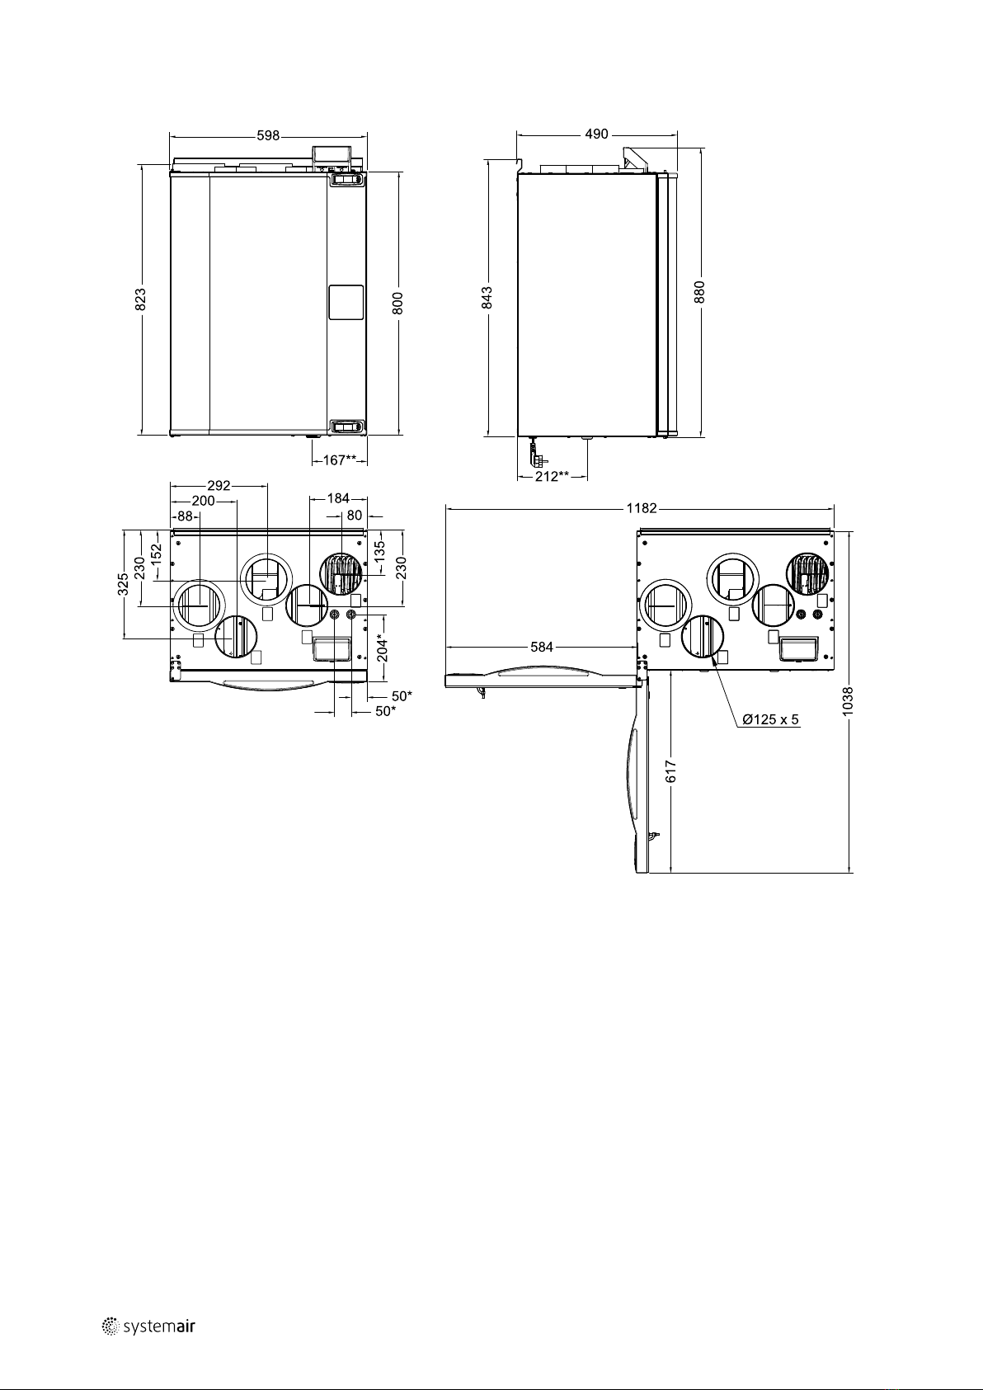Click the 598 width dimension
coord(268,135)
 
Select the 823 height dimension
coord(141,299)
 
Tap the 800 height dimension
coord(398,304)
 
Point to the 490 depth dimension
coord(596,134)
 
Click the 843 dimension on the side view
coord(487,298)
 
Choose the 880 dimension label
coord(699,292)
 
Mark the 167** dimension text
coord(340,459)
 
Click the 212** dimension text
coord(552,476)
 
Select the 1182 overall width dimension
coord(642,508)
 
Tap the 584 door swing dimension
coord(542,648)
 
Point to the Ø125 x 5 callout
coord(771,720)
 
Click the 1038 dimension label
coord(848,701)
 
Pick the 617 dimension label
coord(670,771)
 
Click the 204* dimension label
coord(383,648)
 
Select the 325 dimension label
coord(124,585)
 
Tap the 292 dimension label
coord(219,486)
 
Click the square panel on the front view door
coord(346,302)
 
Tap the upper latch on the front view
coord(346,179)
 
